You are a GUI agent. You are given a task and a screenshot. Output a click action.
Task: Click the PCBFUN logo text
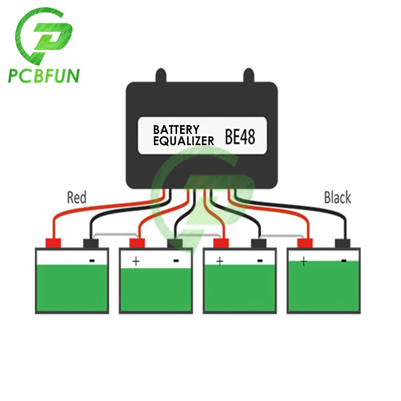coord(43,75)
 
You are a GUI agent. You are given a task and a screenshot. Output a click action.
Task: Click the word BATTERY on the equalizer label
coord(176,130)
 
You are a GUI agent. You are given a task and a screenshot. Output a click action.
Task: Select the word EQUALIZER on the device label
coord(184,140)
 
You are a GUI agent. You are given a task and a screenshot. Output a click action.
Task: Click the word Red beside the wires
coord(77,197)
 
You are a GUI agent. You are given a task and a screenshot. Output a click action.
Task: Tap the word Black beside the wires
coord(337,197)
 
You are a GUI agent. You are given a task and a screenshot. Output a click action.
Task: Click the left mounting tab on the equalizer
coord(161,75)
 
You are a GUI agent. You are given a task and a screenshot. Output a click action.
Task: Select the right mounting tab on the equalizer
coord(248,75)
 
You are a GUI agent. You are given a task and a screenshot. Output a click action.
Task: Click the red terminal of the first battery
coord(53,243)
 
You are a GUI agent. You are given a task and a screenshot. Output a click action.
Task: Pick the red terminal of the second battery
coord(137,243)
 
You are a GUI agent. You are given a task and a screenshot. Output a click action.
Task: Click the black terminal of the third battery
coord(259,243)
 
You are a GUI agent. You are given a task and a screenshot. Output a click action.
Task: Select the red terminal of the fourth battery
coord(305,243)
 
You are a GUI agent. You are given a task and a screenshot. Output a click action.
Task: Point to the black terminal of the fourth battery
coord(342,243)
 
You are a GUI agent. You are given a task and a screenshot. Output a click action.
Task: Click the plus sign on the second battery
coord(136,261)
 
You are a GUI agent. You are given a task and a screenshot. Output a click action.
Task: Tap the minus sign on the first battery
coord(92,261)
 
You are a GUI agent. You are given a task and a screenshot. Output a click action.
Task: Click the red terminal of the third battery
coord(221,243)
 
